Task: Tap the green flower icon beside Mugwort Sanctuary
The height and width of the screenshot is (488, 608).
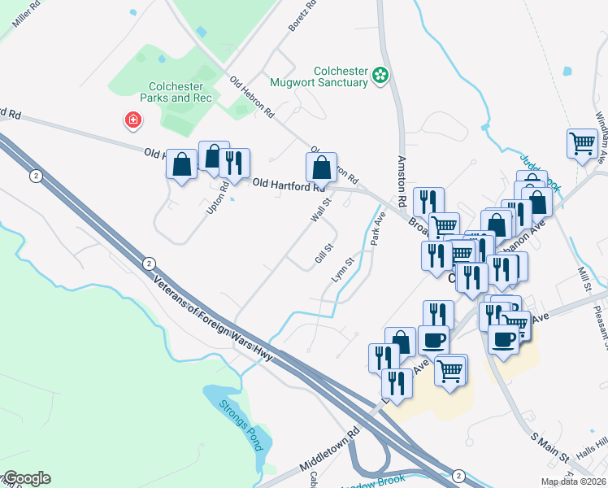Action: pos(379,76)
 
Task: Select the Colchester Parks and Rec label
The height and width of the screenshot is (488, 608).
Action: pos(180,92)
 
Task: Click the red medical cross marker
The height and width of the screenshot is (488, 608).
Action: pos(132,121)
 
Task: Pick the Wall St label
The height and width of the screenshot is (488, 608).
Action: pos(321,208)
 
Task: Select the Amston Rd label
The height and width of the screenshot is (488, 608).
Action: pos(400,175)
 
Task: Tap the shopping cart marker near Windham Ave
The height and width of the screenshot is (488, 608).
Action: pos(583,144)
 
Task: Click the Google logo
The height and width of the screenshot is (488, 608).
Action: pos(26,478)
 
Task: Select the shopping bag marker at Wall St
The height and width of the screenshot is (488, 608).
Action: pos(321,168)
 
